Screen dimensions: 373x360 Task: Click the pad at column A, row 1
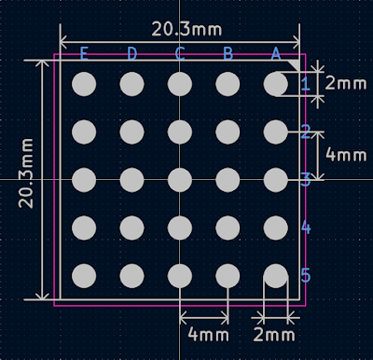(275, 84)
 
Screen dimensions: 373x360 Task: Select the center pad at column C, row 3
(180, 180)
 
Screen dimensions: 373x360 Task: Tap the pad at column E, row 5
(84, 276)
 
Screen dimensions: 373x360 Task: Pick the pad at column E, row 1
(84, 84)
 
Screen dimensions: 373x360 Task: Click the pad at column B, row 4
(228, 228)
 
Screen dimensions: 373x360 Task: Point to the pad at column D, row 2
(131, 132)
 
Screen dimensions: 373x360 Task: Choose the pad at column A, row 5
(275, 276)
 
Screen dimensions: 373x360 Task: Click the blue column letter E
(84, 53)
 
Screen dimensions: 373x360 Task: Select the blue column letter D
(132, 53)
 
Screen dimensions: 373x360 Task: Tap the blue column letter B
(228, 53)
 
